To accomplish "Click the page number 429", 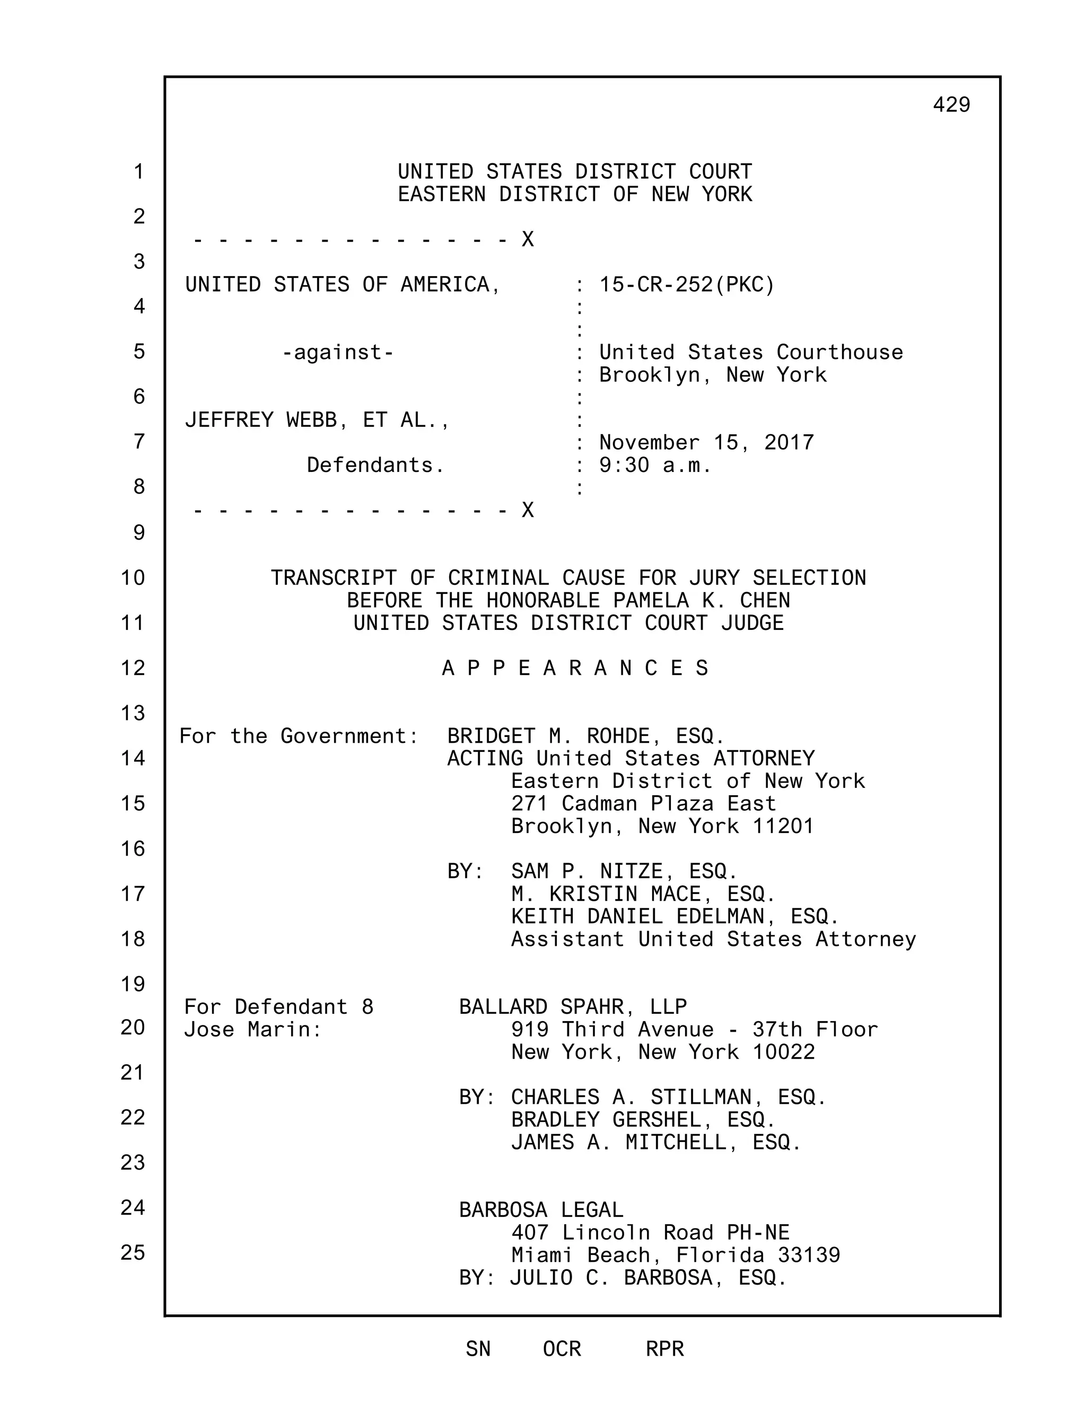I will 951,104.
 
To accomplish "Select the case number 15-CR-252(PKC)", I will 687,284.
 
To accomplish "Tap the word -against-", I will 338,353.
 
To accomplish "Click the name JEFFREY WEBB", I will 260,420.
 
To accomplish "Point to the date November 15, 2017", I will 706,443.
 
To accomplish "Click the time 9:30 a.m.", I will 654,465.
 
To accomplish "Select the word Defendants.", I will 375,465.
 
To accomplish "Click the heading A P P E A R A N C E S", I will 574,669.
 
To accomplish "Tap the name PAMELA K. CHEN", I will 701,600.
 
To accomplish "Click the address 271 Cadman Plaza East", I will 643,803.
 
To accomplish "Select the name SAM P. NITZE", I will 587,871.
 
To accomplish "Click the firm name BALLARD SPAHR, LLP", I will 573,1006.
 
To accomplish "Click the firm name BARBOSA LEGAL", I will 541,1210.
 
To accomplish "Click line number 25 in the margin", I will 133,1252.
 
